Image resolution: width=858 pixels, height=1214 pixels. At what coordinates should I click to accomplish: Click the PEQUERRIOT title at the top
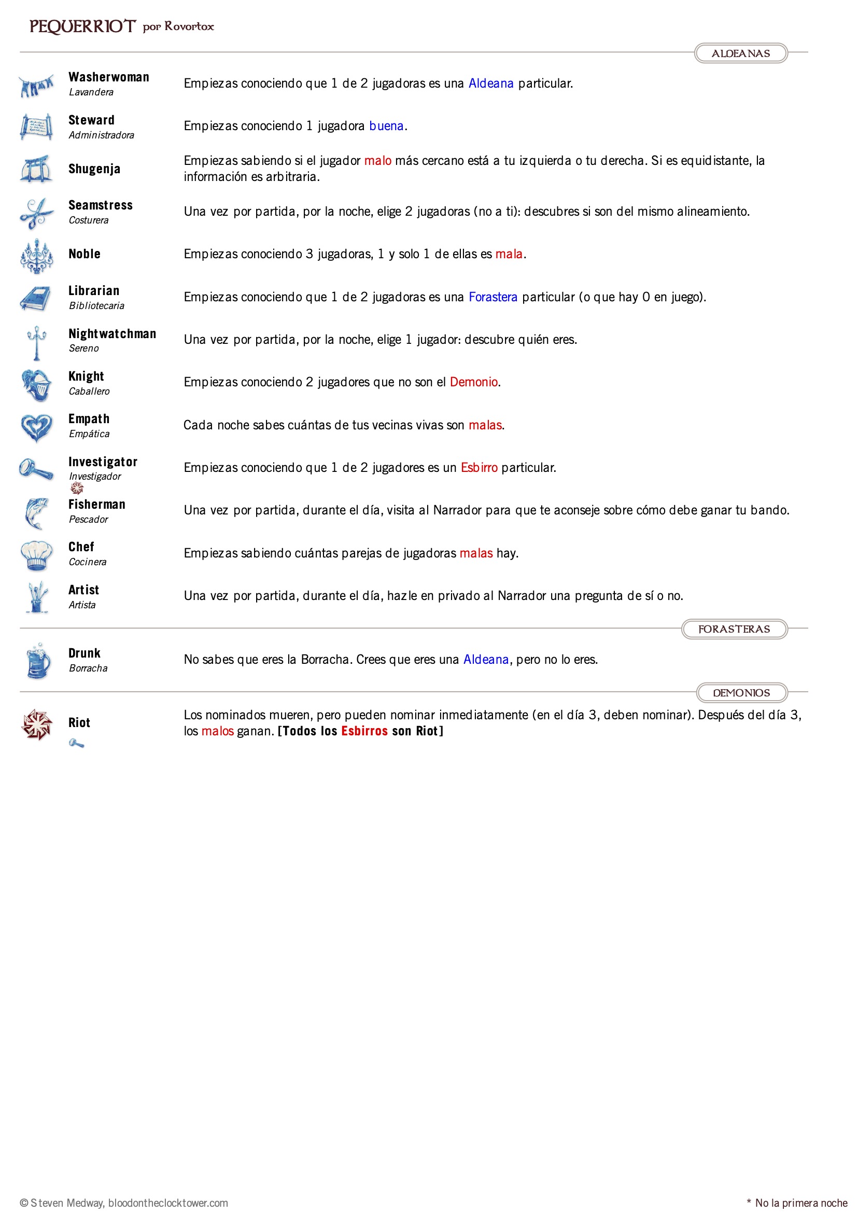(82, 26)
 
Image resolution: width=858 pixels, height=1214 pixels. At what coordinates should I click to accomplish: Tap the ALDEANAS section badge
(740, 53)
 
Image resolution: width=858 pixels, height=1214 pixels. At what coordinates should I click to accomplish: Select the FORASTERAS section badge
(734, 629)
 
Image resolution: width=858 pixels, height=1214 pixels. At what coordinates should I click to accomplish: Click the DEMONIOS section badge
(741, 693)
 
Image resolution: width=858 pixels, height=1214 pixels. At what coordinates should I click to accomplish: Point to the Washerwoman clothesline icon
(36, 85)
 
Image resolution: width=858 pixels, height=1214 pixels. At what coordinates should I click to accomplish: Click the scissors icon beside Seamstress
(36, 213)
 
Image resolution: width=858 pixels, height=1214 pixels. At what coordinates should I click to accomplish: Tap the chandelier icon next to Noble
(36, 255)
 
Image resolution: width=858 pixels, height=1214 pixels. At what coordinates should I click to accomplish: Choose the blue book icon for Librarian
(35, 298)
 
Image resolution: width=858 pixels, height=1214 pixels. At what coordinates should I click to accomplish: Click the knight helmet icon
(37, 384)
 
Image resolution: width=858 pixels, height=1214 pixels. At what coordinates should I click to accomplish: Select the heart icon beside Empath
(36, 427)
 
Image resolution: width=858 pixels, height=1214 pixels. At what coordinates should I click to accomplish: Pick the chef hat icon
(36, 555)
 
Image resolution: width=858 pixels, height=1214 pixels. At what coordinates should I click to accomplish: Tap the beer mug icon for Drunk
(38, 661)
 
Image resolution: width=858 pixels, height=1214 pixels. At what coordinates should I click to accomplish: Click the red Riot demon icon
(36, 724)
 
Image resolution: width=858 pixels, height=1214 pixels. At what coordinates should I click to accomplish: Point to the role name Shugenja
(94, 169)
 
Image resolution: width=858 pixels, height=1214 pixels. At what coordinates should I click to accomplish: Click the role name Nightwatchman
(112, 333)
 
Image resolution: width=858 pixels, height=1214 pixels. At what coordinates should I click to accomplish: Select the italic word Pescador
(88, 519)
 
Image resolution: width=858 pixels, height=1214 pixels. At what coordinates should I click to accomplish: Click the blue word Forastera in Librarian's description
(493, 297)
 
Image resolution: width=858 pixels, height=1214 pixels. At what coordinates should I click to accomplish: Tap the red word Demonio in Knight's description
(474, 382)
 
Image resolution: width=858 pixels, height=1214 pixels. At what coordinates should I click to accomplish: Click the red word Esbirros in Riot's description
(364, 731)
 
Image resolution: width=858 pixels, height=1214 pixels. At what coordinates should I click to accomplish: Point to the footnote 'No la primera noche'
(800, 1203)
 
